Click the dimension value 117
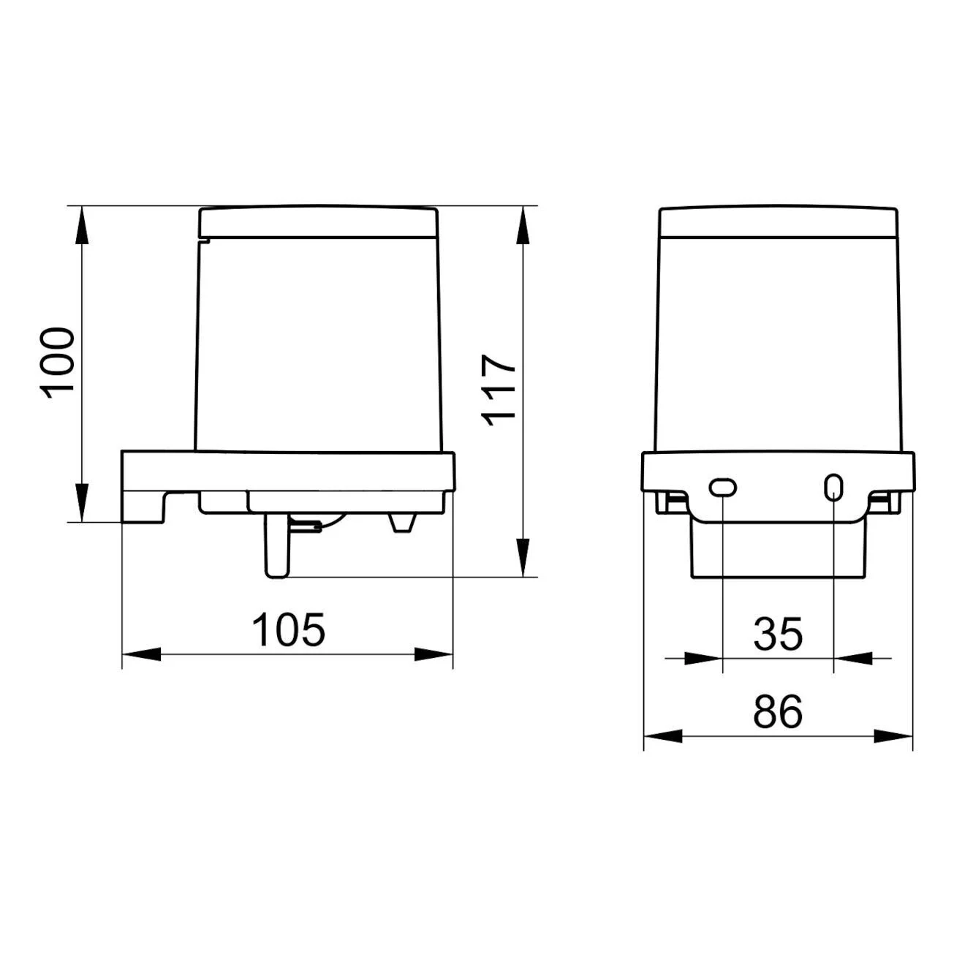(x=498, y=390)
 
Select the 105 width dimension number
(x=289, y=629)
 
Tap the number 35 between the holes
(x=778, y=634)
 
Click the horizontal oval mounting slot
(x=723, y=487)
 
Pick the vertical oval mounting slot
(x=833, y=486)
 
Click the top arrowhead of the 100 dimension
(x=82, y=225)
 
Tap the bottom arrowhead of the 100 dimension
(x=82, y=502)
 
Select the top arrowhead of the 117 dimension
(x=523, y=225)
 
